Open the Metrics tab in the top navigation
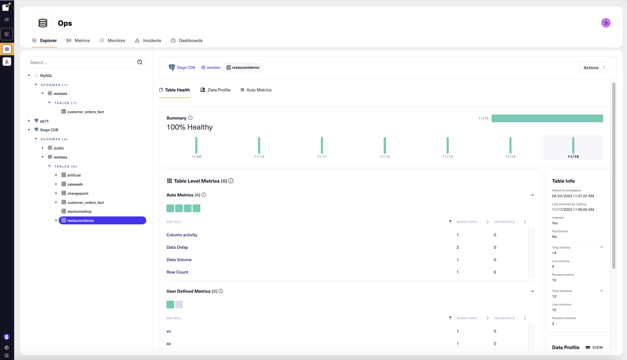(x=78, y=41)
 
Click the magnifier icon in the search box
(x=140, y=62)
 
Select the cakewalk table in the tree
(x=75, y=184)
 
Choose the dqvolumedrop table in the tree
(x=79, y=212)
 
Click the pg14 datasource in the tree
(x=44, y=121)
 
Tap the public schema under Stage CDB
(x=59, y=148)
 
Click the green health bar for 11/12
(x=385, y=145)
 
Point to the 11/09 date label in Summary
(x=196, y=157)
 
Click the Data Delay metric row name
(x=177, y=247)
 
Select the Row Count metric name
(x=177, y=272)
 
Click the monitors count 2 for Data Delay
(x=458, y=247)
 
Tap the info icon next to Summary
(x=190, y=118)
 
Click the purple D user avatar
(x=606, y=23)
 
